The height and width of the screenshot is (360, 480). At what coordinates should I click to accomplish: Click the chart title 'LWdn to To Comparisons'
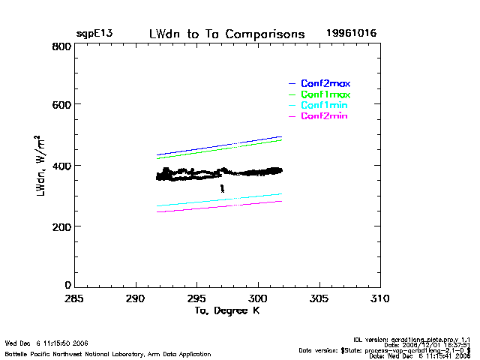[227, 34]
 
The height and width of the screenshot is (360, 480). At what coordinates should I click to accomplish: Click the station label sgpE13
[93, 34]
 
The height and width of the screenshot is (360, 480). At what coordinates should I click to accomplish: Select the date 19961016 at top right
[351, 34]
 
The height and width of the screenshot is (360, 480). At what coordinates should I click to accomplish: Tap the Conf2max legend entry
[325, 83]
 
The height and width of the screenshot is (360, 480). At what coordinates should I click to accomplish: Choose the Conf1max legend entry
[325, 95]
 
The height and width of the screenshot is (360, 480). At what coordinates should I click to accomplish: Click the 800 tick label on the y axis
[62, 46]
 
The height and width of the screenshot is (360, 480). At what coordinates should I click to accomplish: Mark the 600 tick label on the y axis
[62, 106]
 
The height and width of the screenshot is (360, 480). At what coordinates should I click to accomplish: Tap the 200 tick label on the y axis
[62, 226]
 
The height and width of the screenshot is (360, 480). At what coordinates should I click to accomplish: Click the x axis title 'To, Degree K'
[226, 311]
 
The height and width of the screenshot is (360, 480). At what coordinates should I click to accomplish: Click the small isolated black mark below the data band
[222, 188]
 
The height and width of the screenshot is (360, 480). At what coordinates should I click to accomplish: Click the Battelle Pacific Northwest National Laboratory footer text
[108, 353]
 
